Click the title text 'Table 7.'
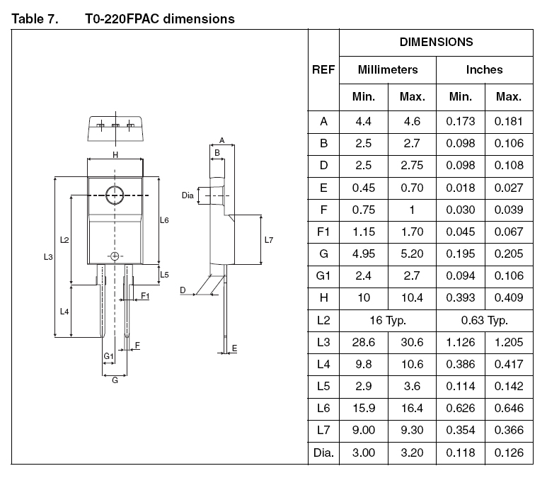point(35,19)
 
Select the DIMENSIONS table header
point(436,42)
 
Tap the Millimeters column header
point(388,70)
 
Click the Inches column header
point(484,70)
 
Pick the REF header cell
point(323,70)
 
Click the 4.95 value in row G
point(363,254)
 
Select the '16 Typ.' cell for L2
point(388,320)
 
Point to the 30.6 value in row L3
point(412,342)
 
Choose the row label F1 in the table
point(323,232)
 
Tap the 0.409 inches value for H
point(509,298)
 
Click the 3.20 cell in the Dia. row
point(412,453)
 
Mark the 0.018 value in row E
point(460,188)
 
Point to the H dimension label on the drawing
point(115,154)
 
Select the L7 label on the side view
point(269,240)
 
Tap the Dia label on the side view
point(188,195)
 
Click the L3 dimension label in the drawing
point(48,257)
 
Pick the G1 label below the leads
point(108,356)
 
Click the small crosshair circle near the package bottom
point(115,256)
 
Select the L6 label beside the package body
point(164,220)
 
